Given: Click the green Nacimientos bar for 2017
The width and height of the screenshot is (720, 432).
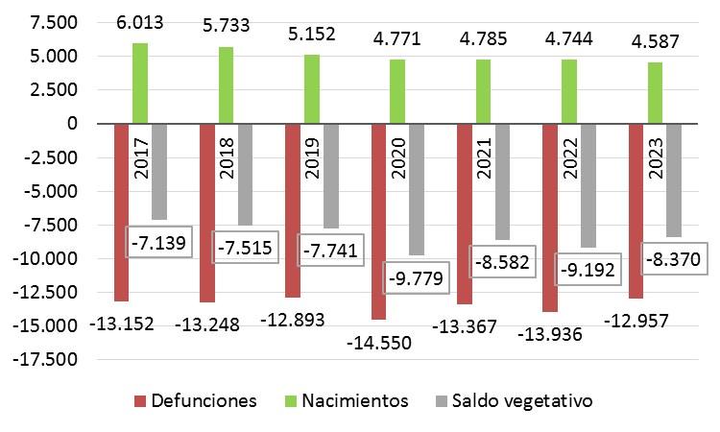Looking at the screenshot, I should [x=140, y=84].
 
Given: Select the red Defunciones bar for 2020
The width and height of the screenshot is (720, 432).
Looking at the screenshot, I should [x=379, y=221].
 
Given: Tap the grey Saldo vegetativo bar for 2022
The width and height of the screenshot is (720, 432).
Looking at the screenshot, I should [x=588, y=182].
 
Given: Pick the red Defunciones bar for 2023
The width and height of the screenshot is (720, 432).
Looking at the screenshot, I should [x=636, y=211].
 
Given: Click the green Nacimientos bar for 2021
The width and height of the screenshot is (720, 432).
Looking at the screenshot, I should [x=484, y=92].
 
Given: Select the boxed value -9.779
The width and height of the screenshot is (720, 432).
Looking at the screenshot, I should [x=420, y=281].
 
